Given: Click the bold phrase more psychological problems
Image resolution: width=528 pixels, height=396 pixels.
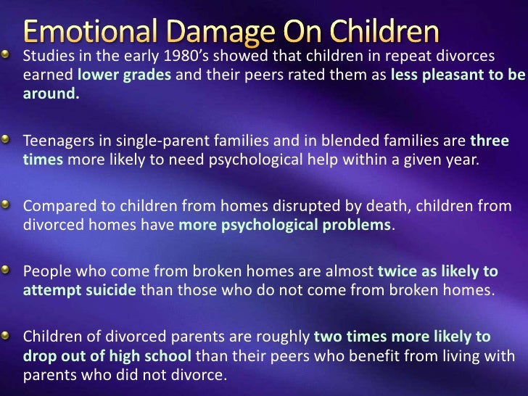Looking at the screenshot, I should (285, 224).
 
